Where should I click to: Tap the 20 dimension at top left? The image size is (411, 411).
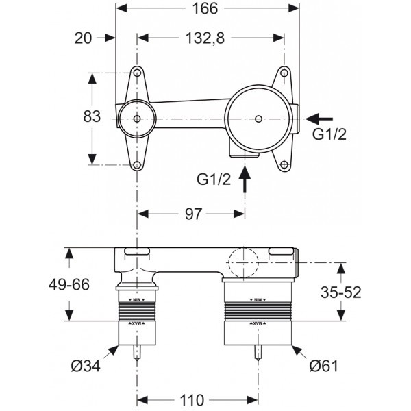coord(83,39)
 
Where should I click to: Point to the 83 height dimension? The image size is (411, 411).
coord(71,117)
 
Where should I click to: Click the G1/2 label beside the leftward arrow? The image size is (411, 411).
coord(329,135)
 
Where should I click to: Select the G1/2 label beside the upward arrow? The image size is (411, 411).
coord(214,180)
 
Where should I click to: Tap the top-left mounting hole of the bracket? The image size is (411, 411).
coord(138,73)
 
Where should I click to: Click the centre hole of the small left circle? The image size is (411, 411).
coord(138,119)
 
